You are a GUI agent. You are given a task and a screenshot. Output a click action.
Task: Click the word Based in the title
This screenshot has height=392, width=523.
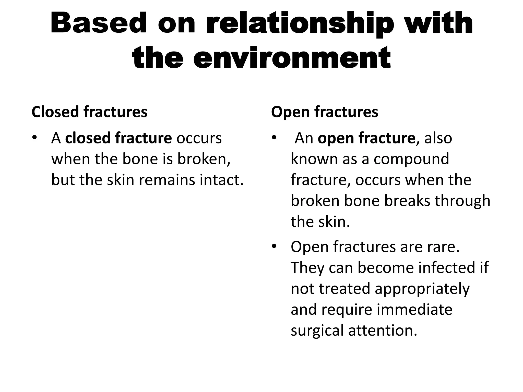click(x=99, y=23)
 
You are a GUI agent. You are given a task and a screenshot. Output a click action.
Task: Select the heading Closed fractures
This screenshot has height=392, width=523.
click(x=89, y=112)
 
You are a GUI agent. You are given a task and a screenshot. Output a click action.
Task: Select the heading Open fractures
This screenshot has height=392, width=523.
click(x=324, y=112)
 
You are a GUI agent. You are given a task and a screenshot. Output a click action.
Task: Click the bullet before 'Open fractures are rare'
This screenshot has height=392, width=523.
click(x=274, y=247)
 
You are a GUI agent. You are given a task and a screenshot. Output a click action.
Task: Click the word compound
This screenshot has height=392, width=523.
click(x=411, y=159)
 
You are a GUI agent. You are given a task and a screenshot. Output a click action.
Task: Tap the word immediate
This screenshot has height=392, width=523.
click(x=414, y=310)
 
